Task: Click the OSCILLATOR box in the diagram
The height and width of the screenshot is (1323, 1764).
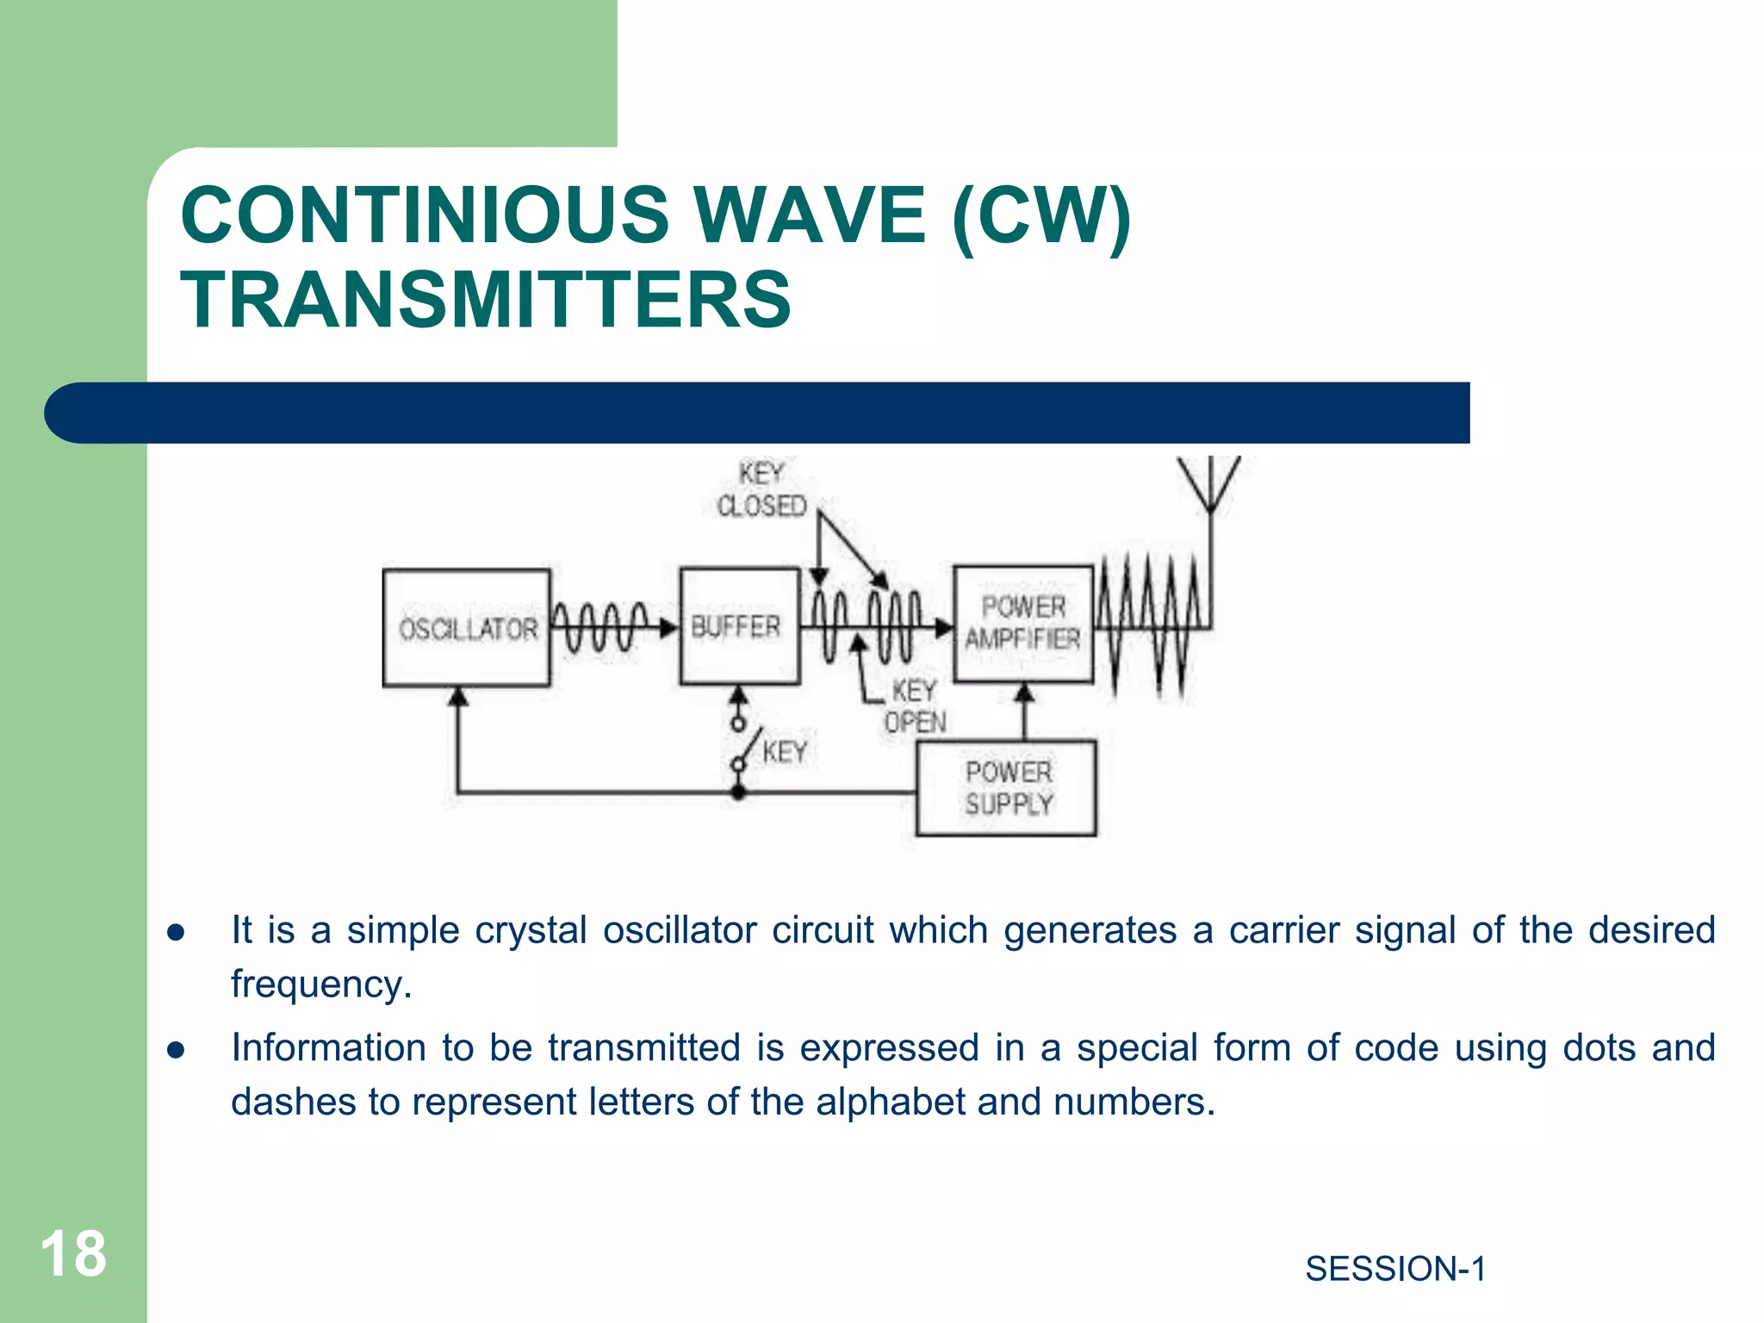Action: point(466,628)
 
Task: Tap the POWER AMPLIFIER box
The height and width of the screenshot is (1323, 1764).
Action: point(1023,624)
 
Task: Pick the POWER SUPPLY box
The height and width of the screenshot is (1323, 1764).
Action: point(1007,787)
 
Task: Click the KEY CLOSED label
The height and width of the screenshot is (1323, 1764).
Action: point(761,490)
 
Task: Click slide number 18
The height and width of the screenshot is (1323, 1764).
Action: point(73,1254)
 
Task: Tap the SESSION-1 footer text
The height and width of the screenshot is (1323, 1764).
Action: point(1395,1269)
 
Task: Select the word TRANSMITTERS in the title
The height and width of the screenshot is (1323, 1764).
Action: point(485,300)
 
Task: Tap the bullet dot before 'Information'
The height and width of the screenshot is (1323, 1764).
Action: point(177,1050)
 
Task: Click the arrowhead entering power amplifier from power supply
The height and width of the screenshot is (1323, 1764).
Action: point(1024,693)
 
